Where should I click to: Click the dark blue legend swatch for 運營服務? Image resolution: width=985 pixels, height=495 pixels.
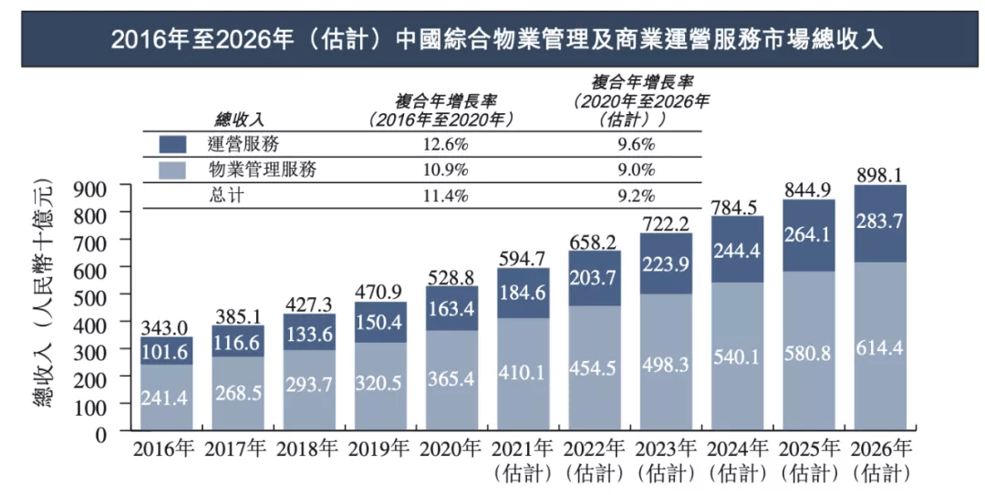coord(172,144)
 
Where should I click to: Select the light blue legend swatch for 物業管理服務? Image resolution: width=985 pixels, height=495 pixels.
coord(172,170)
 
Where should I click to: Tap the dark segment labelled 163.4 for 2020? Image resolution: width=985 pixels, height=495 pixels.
coord(451,309)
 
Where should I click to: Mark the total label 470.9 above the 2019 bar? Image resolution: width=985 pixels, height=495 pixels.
coord(380,292)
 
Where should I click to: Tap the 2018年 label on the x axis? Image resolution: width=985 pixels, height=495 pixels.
coord(309,449)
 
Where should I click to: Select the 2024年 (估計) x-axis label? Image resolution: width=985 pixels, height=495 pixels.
coord(737,460)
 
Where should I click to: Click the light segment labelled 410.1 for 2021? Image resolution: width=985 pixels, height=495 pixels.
coord(523,374)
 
